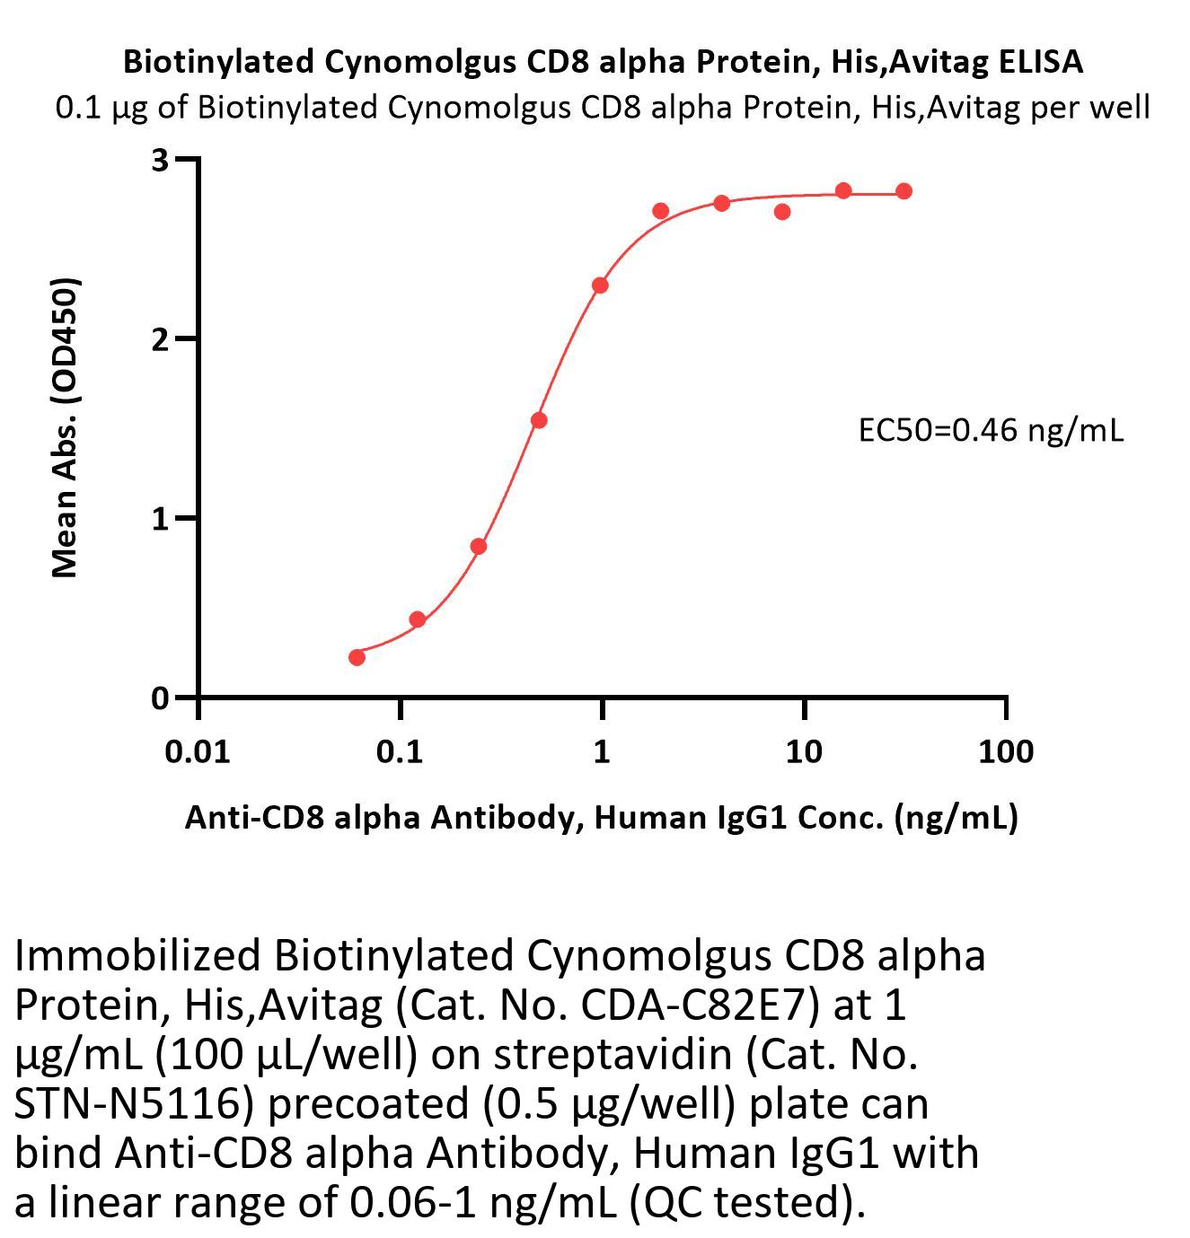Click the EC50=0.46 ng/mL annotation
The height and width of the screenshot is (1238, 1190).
(991, 431)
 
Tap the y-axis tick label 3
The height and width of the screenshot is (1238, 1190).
(161, 160)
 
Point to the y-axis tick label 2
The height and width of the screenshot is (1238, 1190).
(161, 339)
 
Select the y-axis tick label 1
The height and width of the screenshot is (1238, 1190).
(161, 519)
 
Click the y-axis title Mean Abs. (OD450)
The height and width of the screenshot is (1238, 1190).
(66, 427)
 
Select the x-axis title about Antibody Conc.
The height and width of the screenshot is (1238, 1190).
(601, 817)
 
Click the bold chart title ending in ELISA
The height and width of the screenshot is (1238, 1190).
(603, 61)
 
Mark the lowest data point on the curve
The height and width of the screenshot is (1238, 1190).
(357, 657)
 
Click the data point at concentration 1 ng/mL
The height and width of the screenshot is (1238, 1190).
(600, 285)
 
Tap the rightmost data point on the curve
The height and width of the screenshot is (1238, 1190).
(904, 191)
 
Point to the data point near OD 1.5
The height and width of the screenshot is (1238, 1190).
(539, 420)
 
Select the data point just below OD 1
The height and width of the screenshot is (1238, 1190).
(478, 546)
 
